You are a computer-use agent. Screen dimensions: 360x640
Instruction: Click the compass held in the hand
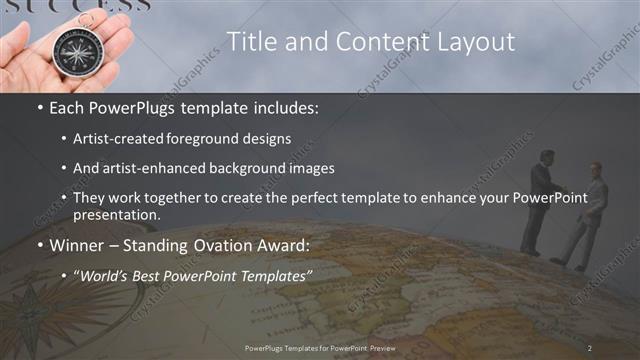[x=74, y=50]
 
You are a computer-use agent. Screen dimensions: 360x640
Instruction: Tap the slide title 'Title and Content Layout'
[x=370, y=41]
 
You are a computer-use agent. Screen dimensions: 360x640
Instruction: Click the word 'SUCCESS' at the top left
[x=75, y=5]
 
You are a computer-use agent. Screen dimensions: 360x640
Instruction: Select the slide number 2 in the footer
[x=590, y=347]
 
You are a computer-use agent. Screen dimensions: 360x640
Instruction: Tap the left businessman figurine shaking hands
[x=538, y=200]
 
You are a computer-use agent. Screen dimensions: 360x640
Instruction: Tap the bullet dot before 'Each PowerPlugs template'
[x=38, y=107]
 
